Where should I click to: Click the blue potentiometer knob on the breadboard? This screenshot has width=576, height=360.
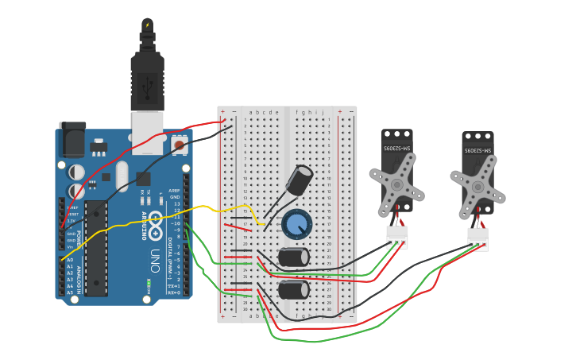click(297, 224)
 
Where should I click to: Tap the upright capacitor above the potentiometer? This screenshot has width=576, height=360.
click(300, 180)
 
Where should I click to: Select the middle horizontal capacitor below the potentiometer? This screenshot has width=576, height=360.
click(294, 257)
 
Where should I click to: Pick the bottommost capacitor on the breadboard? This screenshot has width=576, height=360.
click(294, 289)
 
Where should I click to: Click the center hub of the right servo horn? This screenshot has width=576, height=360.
click(477, 187)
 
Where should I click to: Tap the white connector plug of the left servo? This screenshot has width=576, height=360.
click(396, 238)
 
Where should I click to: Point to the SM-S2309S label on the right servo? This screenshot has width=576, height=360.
click(477, 149)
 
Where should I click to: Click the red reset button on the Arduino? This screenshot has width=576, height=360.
click(180, 145)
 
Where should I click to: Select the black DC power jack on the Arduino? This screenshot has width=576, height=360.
click(72, 141)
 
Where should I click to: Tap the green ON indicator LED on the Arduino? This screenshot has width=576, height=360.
click(149, 282)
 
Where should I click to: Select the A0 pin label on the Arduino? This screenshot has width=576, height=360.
click(69, 260)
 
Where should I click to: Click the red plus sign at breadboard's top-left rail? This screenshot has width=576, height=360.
click(222, 112)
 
